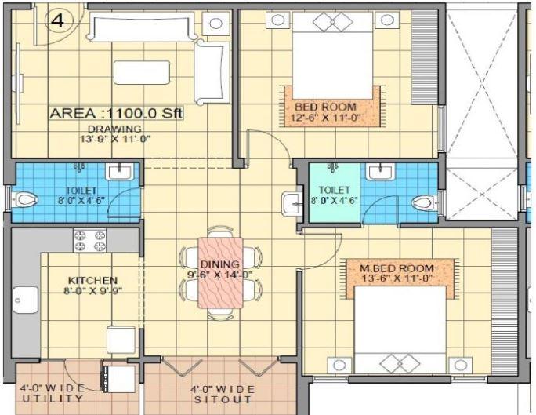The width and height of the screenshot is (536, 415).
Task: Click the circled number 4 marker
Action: [57, 21]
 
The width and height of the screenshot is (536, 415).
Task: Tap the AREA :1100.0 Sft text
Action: [116, 114]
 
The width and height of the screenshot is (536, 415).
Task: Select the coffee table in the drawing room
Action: [141, 72]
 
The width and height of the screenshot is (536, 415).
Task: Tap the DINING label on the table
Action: [219, 264]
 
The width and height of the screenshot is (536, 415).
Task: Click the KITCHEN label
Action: [92, 280]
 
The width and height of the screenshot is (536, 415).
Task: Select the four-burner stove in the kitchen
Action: [90, 240]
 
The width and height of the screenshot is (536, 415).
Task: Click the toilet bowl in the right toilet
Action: [423, 204]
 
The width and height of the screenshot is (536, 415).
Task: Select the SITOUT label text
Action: [218, 399]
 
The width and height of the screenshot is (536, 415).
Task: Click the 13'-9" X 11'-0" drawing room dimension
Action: [115, 139]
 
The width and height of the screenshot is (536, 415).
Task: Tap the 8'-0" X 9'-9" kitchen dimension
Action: [92, 290]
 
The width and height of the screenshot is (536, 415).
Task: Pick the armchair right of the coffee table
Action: [208, 70]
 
